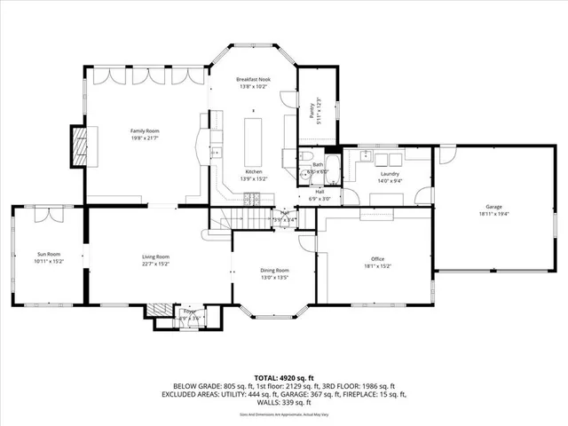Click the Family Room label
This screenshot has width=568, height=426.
pyautogui.click(x=144, y=130)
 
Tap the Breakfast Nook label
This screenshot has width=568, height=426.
pyautogui.click(x=253, y=80)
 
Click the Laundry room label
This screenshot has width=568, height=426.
pyautogui.click(x=390, y=173)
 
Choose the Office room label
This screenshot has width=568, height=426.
pyautogui.click(x=377, y=258)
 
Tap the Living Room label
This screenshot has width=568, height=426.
pyautogui.click(x=155, y=256)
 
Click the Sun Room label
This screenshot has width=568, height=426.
pyautogui.click(x=48, y=255)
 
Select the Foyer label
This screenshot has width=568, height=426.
pyautogui.click(x=189, y=311)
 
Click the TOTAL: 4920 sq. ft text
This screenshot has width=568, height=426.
pyautogui.click(x=283, y=378)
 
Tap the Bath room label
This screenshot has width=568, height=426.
pyautogui.click(x=318, y=164)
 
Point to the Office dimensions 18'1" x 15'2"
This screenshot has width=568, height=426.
pyautogui.click(x=377, y=265)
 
